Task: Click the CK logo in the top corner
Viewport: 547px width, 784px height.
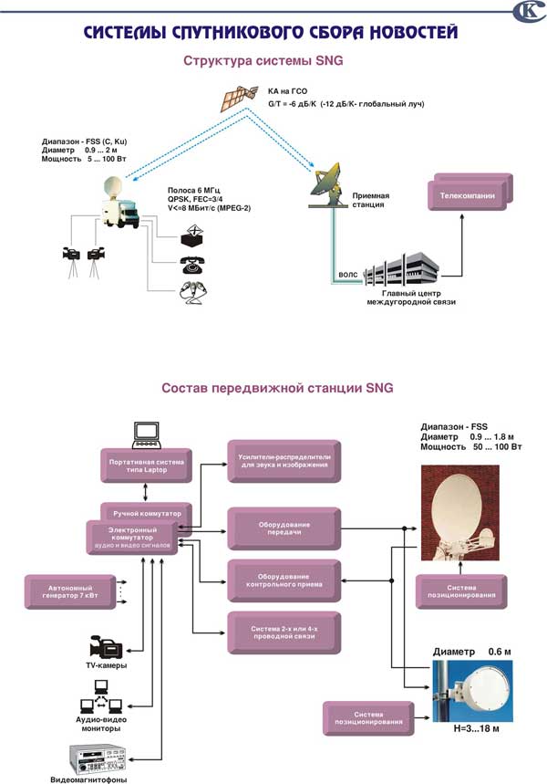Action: [x=528, y=12]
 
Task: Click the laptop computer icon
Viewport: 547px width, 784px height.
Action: [x=147, y=435]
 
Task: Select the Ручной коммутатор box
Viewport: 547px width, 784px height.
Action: [x=146, y=513]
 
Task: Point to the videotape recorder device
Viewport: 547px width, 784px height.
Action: [x=98, y=756]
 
